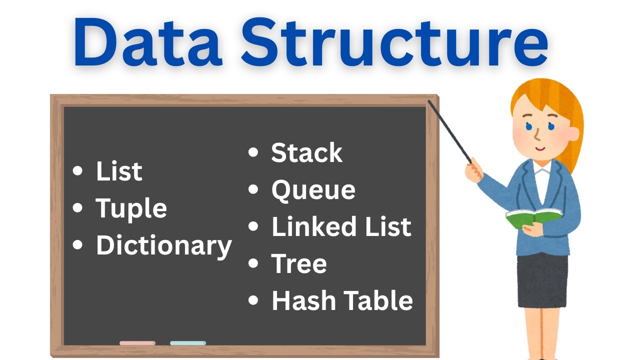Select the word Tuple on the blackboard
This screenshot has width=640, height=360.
(131, 209)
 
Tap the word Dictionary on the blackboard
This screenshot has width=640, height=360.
(163, 246)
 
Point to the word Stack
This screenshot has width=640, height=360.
(306, 153)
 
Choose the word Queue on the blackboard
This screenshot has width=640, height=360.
(313, 190)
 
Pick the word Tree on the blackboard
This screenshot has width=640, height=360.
(299, 263)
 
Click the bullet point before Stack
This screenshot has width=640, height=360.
(253, 152)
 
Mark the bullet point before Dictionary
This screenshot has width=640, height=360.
(77, 245)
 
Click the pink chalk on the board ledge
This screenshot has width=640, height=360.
(137, 343)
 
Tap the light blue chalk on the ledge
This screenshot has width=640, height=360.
(188, 343)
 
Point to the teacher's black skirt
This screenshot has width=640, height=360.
(542, 280)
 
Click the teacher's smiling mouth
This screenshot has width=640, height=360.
(539, 148)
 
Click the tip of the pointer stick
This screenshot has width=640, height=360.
(429, 101)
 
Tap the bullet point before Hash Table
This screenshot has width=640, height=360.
(253, 300)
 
